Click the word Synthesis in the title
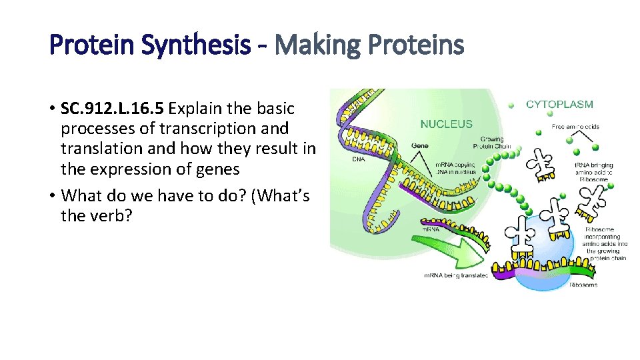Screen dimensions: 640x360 (203, 45)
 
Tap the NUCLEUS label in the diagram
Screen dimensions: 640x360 (447, 124)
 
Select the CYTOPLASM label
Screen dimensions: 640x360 (559, 104)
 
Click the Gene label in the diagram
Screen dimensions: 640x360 (419, 145)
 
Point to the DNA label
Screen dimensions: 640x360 (359, 159)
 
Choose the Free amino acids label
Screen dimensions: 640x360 (575, 127)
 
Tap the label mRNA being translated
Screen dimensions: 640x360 (456, 275)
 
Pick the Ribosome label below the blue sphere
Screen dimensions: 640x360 (583, 285)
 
